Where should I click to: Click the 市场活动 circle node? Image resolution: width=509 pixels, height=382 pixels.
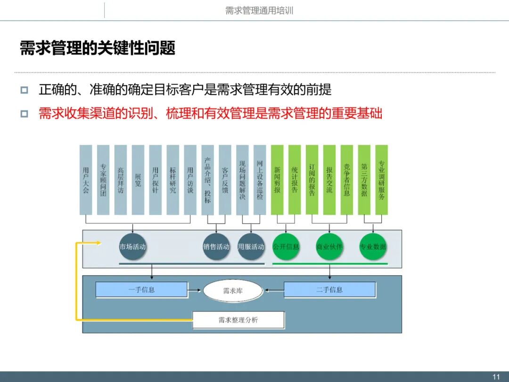(132, 247)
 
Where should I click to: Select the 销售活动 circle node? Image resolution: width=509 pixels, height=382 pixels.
(216, 247)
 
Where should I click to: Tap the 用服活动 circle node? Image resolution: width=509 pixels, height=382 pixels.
(251, 247)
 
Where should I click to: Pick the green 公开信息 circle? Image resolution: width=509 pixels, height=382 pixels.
(286, 247)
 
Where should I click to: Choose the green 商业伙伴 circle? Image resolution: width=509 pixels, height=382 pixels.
(329, 247)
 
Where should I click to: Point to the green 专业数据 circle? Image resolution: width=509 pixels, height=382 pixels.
(373, 247)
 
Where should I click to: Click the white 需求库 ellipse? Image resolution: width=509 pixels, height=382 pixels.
(233, 291)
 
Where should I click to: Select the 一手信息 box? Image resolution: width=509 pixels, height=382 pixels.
(141, 290)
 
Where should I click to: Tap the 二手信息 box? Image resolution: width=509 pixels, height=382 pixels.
(329, 290)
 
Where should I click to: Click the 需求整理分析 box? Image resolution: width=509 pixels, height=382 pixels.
(238, 320)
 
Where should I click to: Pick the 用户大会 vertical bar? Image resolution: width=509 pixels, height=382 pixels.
(86, 180)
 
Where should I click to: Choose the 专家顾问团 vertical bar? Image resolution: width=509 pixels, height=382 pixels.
(103, 180)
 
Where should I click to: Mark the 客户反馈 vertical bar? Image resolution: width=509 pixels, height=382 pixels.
(225, 180)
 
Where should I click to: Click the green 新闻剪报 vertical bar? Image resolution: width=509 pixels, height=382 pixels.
(277, 180)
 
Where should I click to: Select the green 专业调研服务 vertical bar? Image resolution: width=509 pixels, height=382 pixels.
(382, 180)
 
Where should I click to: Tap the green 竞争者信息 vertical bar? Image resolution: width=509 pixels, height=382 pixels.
(347, 180)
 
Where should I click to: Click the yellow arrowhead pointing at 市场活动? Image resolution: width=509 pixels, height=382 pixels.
(99, 243)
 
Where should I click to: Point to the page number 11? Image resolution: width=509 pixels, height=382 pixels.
(496, 377)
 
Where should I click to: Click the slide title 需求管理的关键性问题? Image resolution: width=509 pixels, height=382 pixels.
(98, 48)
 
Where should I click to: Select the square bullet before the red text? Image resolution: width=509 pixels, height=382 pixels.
(25, 114)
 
